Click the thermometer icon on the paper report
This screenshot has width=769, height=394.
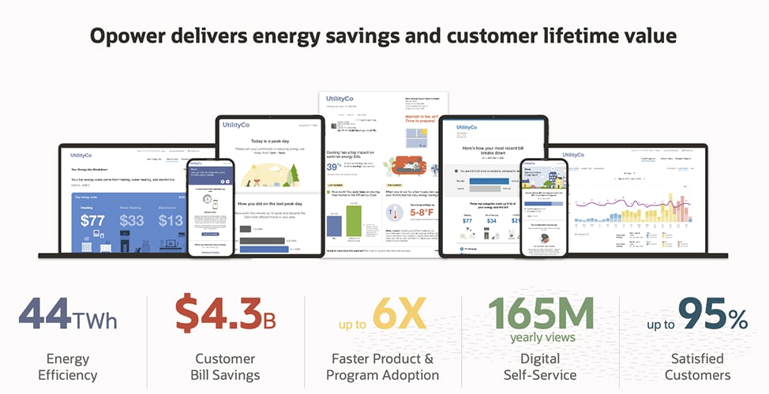[394, 212]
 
